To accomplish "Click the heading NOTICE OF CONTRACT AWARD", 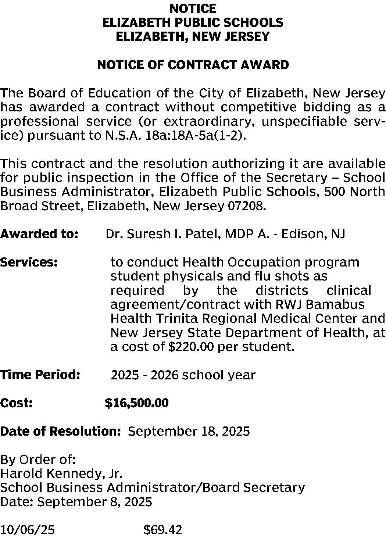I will point(193,65).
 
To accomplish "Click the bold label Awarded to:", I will point(39,234).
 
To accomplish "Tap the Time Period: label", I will point(40,375).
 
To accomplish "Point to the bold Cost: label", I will point(17,403).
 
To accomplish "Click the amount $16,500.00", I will point(137,403).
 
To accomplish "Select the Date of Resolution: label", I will point(61,431).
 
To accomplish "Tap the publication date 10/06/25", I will point(28,530).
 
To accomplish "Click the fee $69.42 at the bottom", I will point(162,530).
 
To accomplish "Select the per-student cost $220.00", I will point(190,347).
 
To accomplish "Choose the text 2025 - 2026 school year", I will point(183,375).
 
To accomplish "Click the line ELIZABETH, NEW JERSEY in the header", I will point(193,37).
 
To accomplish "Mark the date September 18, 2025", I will point(189,431).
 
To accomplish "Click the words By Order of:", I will point(38,460).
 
